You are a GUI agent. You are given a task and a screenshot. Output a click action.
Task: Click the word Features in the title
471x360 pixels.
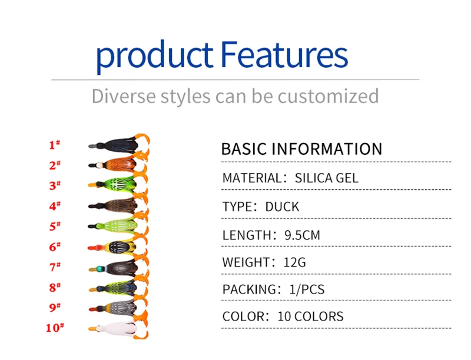coord(284,55)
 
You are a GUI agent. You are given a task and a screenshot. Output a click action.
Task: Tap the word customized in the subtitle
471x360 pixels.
coord(328,96)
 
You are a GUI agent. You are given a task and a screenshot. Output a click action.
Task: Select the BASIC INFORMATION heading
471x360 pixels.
coord(301,149)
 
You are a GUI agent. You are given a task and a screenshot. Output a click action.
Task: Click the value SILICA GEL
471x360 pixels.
coord(327,178)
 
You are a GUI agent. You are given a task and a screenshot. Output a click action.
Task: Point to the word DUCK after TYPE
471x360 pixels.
coord(282,206)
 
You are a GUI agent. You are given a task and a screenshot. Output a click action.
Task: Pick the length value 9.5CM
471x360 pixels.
coord(302,235)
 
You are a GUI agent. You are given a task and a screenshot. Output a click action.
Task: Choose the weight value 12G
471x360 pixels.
coord(295,262)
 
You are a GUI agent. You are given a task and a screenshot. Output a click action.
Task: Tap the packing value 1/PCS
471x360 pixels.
coord(307,289)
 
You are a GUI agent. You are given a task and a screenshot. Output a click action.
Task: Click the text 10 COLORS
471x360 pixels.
coord(310,316)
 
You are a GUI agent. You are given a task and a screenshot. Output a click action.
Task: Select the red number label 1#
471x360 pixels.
coord(54,145)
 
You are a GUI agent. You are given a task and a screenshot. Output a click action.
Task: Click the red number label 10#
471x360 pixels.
coord(55,328)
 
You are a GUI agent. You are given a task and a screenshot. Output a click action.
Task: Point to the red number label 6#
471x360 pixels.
coord(55,246)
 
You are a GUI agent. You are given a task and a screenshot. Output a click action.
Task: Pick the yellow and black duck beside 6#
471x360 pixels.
coord(115,247)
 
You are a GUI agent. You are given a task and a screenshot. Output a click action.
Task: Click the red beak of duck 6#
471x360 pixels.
coord(95,248)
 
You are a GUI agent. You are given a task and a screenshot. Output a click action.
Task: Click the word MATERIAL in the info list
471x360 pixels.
coord(252,178)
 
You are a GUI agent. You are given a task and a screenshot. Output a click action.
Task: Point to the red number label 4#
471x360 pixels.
coord(55,206)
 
